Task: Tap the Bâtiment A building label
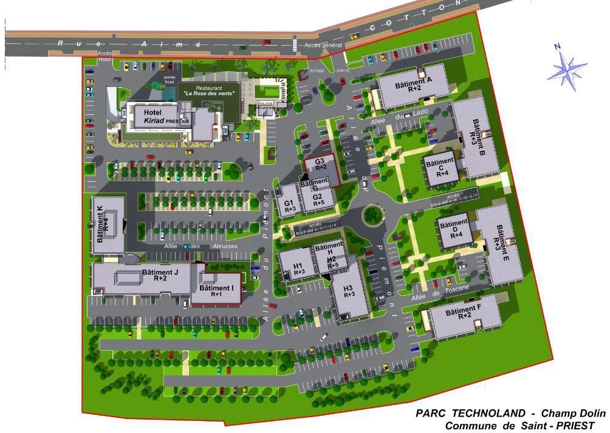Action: click(414, 85)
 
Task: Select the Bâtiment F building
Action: click(464, 315)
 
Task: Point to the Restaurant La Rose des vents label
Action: click(208, 91)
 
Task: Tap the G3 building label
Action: click(321, 164)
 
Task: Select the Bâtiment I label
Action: click(216, 290)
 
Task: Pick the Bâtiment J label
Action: click(160, 275)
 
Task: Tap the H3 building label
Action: click(348, 291)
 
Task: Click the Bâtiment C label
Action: click(440, 167)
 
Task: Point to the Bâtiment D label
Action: click(454, 228)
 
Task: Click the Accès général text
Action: click(323, 45)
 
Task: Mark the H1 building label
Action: click(298, 268)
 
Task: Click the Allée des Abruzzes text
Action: click(200, 246)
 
